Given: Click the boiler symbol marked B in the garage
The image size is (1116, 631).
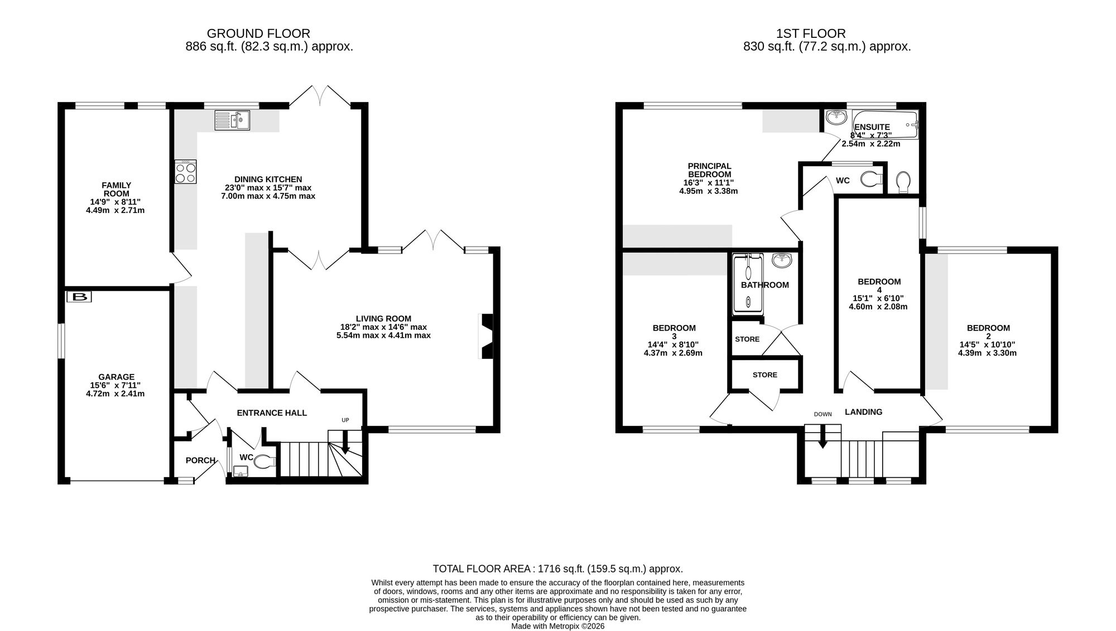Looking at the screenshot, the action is [79, 297].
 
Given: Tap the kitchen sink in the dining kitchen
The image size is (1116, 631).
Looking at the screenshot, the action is [232, 120].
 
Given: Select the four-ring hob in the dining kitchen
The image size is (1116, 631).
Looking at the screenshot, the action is [186, 172].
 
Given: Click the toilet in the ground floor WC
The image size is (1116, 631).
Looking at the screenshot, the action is [266, 462].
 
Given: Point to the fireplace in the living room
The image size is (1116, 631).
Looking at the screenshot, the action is [486, 337].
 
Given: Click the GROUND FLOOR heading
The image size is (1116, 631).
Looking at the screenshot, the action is [258, 34].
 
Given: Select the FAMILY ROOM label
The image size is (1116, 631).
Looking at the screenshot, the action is [117, 190].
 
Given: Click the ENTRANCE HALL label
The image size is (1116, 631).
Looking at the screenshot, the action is [272, 413].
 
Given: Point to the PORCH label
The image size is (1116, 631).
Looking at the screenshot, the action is [200, 460].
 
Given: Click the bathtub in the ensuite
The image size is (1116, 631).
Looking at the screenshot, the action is [885, 125].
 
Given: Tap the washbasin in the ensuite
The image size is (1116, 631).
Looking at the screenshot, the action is [836, 118].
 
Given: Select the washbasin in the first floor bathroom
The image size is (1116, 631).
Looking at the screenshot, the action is [782, 261].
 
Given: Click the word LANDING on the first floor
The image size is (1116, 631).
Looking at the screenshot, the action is [863, 412].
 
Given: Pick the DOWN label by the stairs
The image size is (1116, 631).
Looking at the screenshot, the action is [822, 414].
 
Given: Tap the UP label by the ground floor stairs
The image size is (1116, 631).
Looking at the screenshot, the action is [345, 420].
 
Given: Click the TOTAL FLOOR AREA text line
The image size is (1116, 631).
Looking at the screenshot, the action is [558, 569].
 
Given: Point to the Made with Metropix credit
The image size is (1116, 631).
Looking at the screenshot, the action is [558, 626].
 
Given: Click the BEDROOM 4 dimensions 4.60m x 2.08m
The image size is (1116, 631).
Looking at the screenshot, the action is [878, 307].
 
